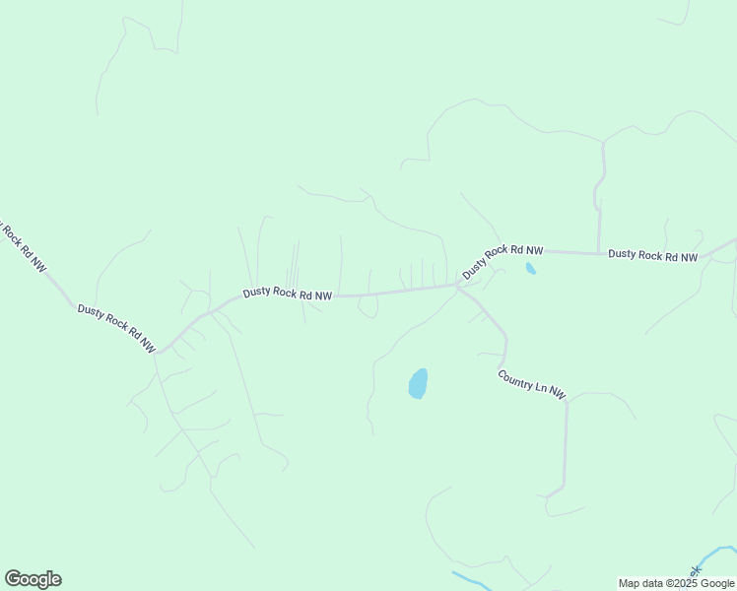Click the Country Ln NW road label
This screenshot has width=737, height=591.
click(x=532, y=384)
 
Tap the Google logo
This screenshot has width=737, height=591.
click(x=33, y=579)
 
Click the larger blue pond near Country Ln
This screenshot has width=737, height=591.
click(x=419, y=383)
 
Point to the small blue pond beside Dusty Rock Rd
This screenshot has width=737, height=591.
click(x=531, y=268)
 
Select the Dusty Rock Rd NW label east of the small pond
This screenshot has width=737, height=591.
click(x=652, y=255)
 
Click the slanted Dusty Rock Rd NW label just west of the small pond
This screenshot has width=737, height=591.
click(x=502, y=260)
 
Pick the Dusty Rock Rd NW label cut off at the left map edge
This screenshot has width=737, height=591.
click(x=22, y=246)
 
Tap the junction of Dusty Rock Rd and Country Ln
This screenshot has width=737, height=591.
click(x=458, y=286)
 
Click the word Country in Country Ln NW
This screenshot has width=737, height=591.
click(x=517, y=378)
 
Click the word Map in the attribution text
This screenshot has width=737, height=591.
click(x=630, y=583)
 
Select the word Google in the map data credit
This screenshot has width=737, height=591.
click(x=718, y=583)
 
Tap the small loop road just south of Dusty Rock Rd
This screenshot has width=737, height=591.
click(x=368, y=308)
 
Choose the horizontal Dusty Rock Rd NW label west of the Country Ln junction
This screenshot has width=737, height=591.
click(x=288, y=293)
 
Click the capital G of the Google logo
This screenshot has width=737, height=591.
click(x=13, y=579)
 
